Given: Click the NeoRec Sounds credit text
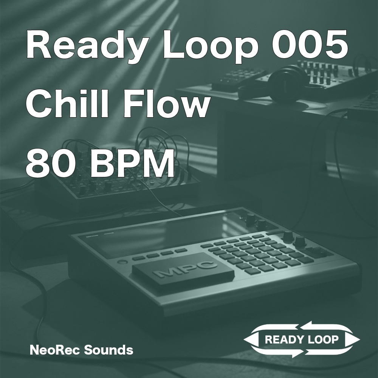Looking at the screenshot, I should [x=81, y=350].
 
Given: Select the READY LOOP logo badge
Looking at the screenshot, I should [x=301, y=339].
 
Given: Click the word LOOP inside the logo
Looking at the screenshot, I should [x=322, y=339].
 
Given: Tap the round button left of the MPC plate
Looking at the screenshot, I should [x=121, y=262].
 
